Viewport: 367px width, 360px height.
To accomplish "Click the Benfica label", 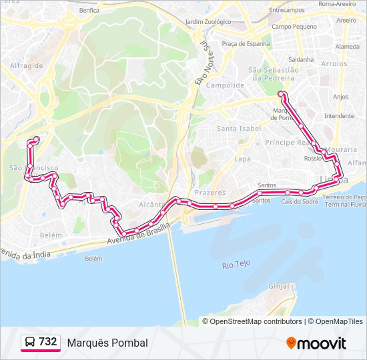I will tap(89, 10).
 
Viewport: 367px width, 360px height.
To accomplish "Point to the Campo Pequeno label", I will tap(294, 27).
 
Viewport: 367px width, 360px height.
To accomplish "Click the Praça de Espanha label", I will tap(246, 43).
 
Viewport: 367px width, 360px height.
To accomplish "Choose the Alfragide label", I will tap(27, 66).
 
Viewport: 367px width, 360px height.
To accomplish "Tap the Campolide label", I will tap(225, 85).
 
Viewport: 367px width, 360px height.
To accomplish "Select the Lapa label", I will tap(242, 159).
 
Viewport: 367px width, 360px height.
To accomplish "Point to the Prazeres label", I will tap(211, 192).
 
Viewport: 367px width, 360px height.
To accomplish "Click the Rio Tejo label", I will tap(236, 264).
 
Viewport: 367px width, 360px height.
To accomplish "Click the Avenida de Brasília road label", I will tap(139, 235).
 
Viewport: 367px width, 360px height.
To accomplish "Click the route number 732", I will tap(48, 342).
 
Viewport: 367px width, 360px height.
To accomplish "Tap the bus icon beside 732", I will tap(30, 343).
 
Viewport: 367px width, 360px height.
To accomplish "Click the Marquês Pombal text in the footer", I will tap(107, 343).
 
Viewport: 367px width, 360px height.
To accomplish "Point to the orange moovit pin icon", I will tap(291, 343).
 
